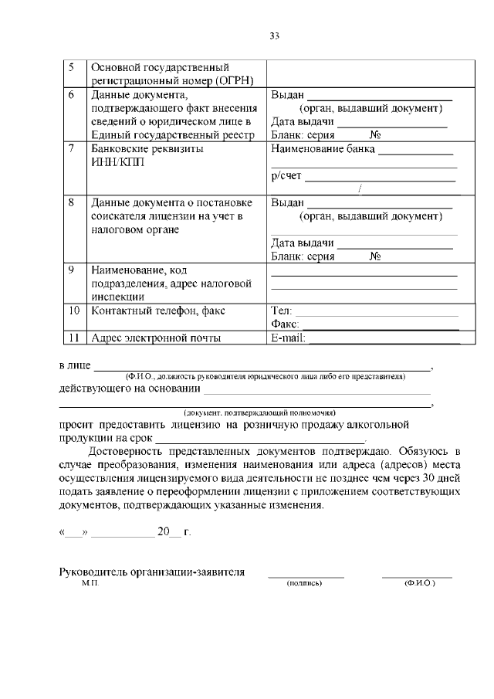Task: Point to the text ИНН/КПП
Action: [117, 163]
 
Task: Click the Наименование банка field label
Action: [323, 149]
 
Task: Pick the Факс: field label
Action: [283, 324]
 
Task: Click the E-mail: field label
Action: [288, 338]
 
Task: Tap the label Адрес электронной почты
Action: [156, 338]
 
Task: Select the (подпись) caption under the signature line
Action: [304, 583]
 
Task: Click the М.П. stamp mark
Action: [90, 583]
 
